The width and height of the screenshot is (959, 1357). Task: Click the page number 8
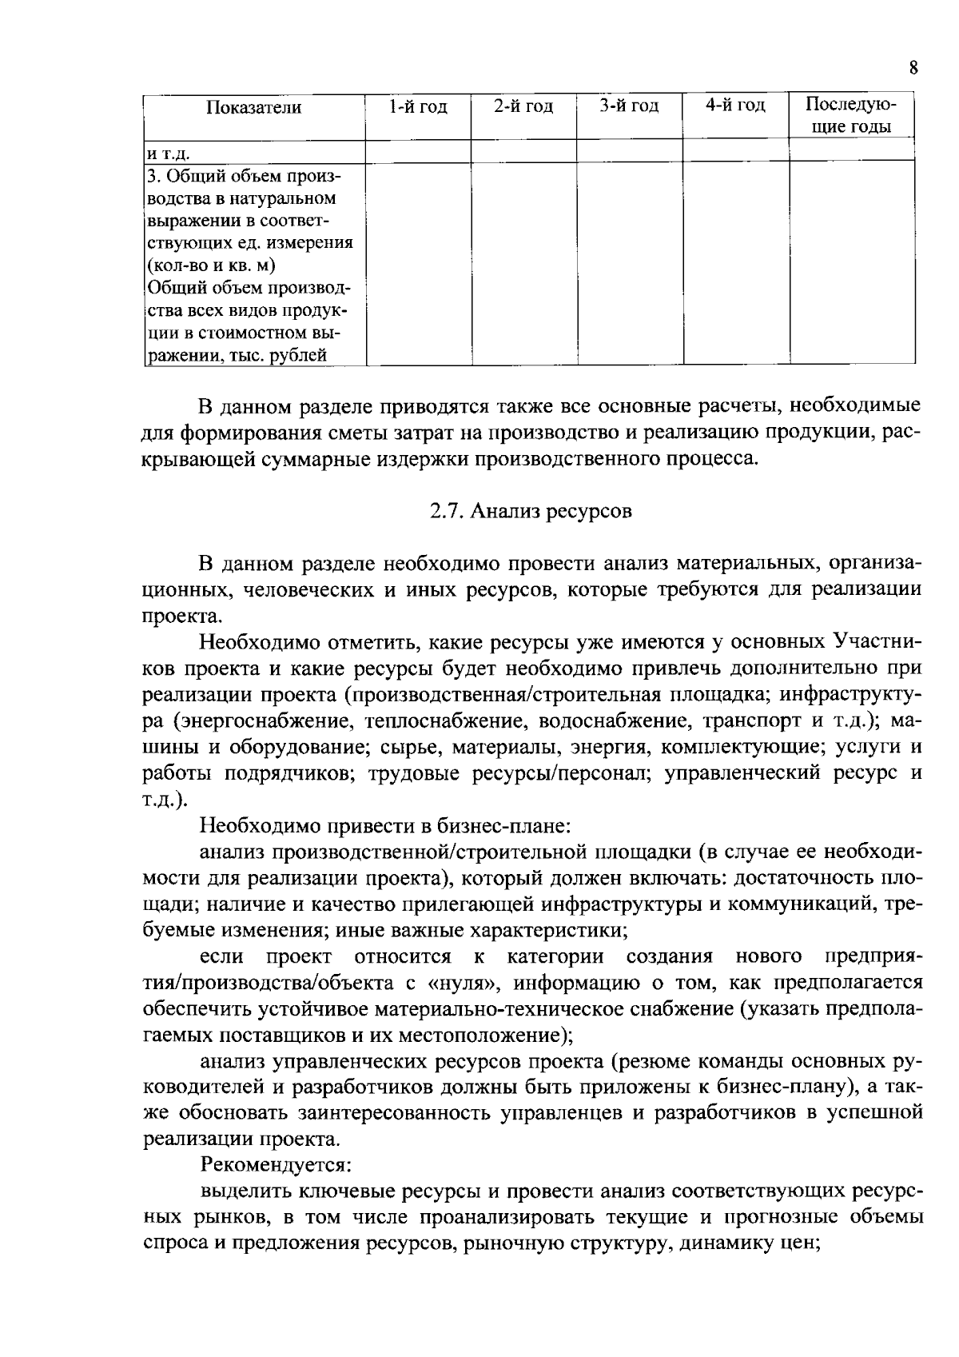[x=913, y=68]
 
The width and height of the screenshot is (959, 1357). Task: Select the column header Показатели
[x=254, y=107]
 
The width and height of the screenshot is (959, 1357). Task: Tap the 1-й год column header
[x=418, y=106]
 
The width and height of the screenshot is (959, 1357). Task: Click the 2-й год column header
[x=523, y=106]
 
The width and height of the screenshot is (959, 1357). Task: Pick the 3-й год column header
[x=630, y=106]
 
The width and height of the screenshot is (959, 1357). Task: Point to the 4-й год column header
[x=736, y=106]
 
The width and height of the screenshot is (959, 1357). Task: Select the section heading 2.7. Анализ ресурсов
[x=531, y=512]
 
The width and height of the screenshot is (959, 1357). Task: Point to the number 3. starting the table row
[x=154, y=175]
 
